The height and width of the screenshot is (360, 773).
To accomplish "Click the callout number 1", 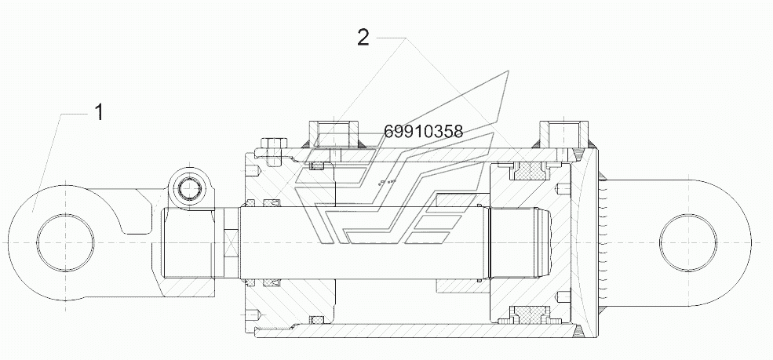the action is pos(99,112).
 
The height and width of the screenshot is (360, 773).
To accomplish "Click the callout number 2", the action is pos(363,38).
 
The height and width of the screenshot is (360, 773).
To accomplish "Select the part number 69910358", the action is pos(424,132).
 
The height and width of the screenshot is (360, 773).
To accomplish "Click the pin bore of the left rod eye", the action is pos(65,243).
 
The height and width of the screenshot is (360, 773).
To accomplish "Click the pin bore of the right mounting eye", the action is pos(687,243).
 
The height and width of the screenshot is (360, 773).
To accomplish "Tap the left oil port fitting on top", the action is pos(335,134).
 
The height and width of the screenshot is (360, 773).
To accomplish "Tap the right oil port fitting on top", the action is pos(564,134).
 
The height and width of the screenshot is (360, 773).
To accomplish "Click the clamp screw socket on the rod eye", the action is pos(190,187).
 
